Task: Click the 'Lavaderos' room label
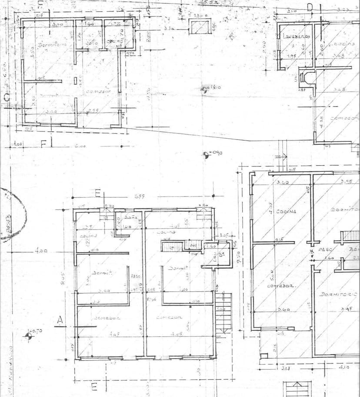coord(295,37)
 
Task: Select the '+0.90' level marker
coord(206,154)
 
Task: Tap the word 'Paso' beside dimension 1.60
coord(325,250)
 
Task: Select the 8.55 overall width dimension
coord(139,197)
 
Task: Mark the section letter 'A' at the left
coord(60,320)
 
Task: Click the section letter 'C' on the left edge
coord(6,98)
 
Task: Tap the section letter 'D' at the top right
coord(310,7)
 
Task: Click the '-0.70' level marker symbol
coord(29,335)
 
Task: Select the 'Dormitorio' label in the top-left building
coord(48,44)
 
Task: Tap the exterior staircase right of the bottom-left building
coord(224,312)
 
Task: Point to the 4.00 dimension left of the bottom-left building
coord(41,251)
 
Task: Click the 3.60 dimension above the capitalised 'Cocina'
coord(283,182)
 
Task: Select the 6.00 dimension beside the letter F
coord(80,146)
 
